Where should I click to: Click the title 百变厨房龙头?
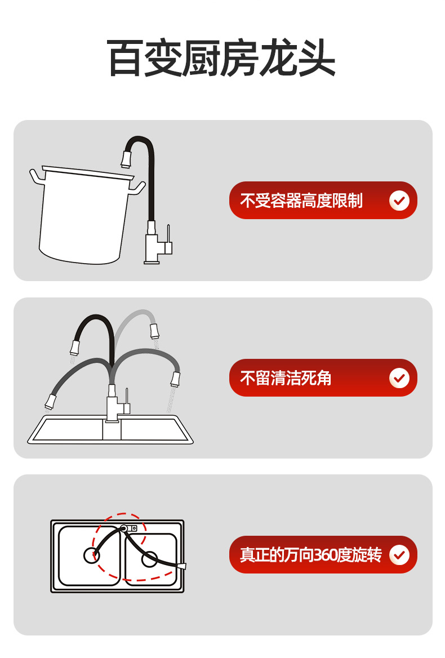[x=221, y=58]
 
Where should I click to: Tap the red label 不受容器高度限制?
[x=301, y=201]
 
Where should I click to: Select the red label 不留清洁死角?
[x=286, y=378]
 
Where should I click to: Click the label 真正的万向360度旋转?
[x=311, y=555]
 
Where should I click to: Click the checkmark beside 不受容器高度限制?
[x=399, y=201]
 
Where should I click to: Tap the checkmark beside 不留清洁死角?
[x=399, y=378]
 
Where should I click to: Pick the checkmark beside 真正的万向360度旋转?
[x=399, y=555]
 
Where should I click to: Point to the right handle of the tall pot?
[x=137, y=187]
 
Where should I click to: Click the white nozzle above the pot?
[x=127, y=159]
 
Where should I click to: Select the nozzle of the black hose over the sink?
[x=75, y=348]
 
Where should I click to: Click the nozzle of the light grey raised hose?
[x=154, y=331]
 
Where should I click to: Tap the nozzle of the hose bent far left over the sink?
[x=50, y=402]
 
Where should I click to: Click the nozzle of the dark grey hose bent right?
[x=175, y=379]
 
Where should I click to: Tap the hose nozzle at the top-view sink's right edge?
[x=182, y=567]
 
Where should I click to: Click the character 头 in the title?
[x=317, y=58]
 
